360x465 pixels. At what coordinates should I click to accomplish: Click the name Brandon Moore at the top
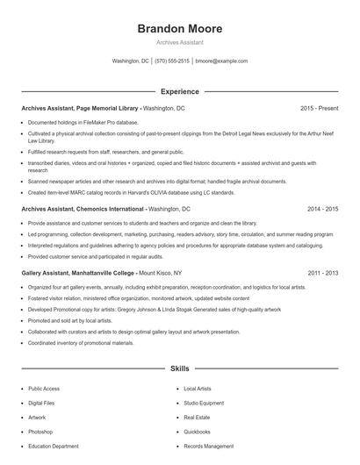pyautogui.click(x=180, y=29)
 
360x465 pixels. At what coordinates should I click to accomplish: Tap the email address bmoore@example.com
pyautogui.click(x=221, y=61)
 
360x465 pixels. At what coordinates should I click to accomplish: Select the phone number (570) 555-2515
pyautogui.click(x=172, y=61)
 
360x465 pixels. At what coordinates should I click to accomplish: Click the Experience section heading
pyautogui.click(x=180, y=91)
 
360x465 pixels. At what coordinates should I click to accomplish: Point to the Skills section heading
pyautogui.click(x=180, y=370)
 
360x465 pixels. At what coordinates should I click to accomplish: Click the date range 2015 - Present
pyautogui.click(x=319, y=108)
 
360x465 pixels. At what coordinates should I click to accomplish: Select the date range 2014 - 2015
pyautogui.click(x=322, y=210)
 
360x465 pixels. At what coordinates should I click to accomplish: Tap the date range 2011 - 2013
pyautogui.click(x=322, y=273)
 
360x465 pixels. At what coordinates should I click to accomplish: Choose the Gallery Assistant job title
pyautogui.click(x=47, y=273)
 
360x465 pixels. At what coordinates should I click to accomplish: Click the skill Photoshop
pyautogui.click(x=40, y=432)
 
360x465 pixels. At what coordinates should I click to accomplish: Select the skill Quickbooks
pyautogui.click(x=197, y=432)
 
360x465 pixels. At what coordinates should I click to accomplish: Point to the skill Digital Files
pyautogui.click(x=42, y=403)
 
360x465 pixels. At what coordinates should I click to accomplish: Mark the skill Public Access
pyautogui.click(x=44, y=388)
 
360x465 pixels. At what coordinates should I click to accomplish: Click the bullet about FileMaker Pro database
pyautogui.click(x=83, y=122)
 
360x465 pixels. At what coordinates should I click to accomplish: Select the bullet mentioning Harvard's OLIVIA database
pyautogui.click(x=131, y=192)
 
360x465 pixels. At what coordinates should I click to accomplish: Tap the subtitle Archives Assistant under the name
pyautogui.click(x=180, y=42)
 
